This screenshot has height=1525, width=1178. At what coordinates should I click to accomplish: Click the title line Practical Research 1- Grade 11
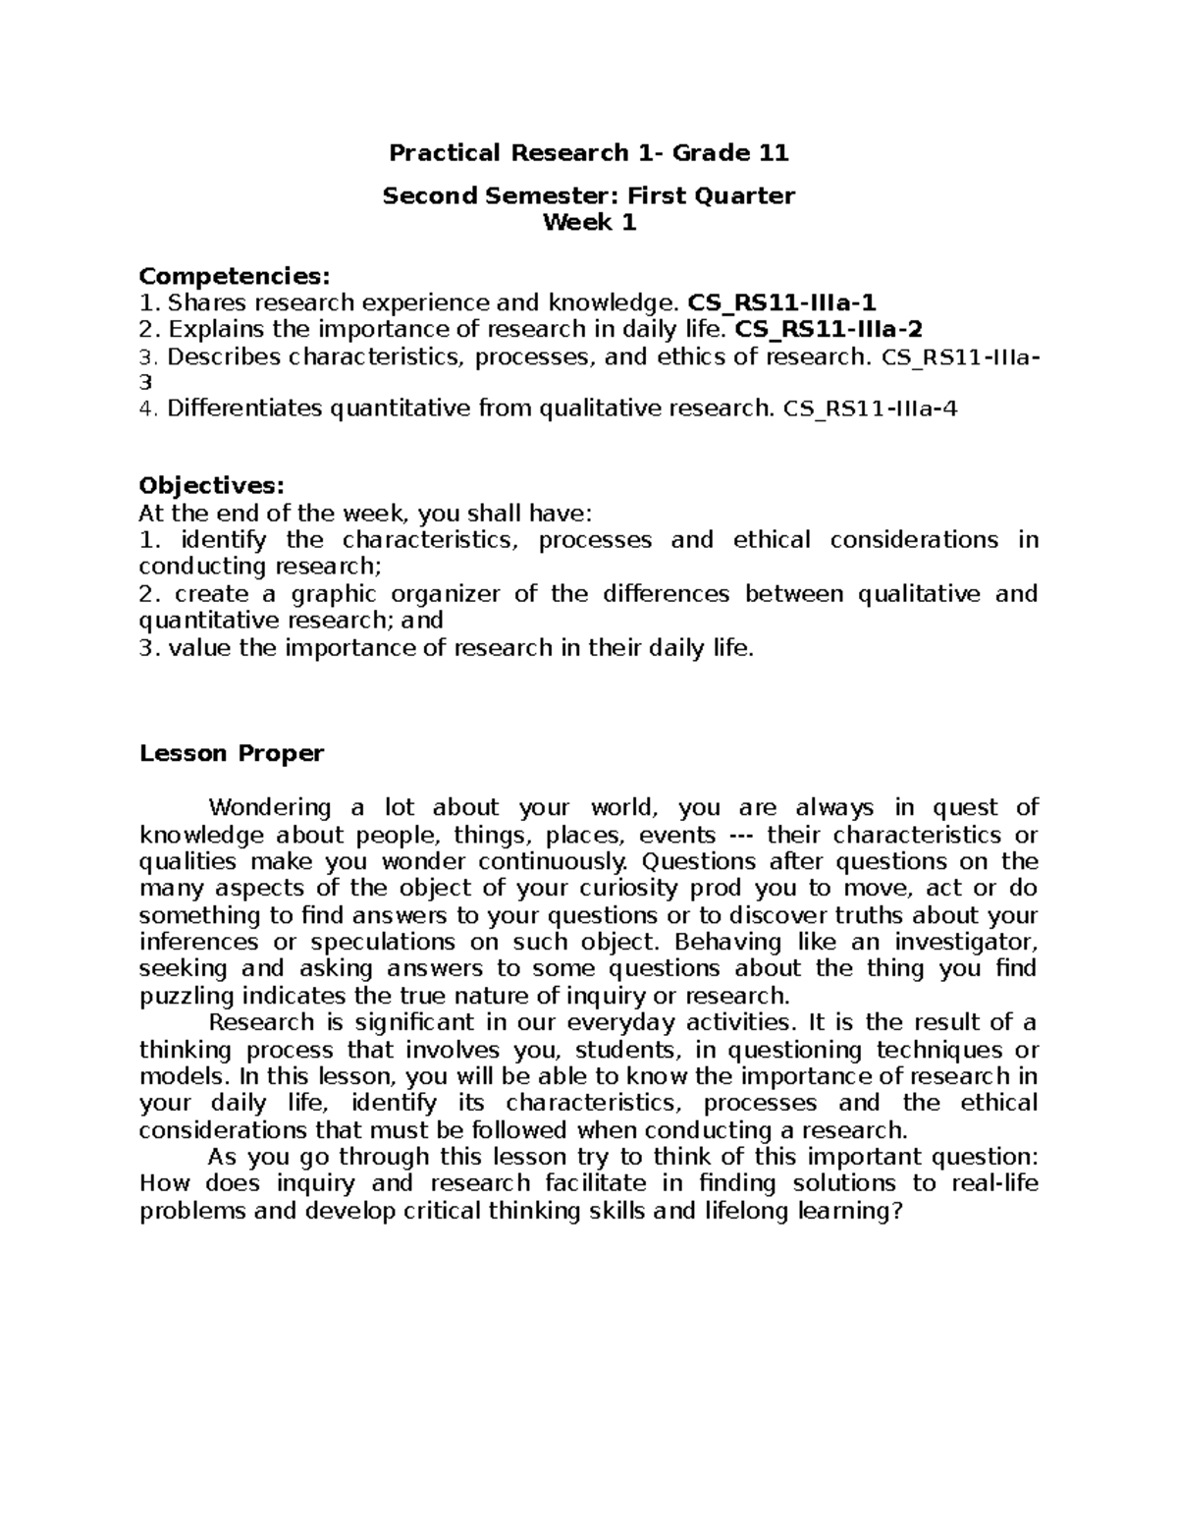coord(589,152)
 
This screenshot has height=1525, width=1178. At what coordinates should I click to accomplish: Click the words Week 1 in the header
coord(589,223)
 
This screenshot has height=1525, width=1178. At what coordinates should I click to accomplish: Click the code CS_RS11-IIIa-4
coord(870,408)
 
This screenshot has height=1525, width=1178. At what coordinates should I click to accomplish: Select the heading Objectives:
coord(212,485)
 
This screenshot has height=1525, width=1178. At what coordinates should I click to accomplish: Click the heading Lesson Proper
coord(232,753)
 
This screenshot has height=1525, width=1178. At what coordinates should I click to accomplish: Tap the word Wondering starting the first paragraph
coord(271,808)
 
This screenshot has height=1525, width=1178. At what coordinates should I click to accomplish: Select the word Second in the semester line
coord(429,196)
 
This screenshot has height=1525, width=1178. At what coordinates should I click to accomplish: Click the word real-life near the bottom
coord(994,1183)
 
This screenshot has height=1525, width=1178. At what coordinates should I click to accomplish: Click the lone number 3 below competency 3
coord(146,383)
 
